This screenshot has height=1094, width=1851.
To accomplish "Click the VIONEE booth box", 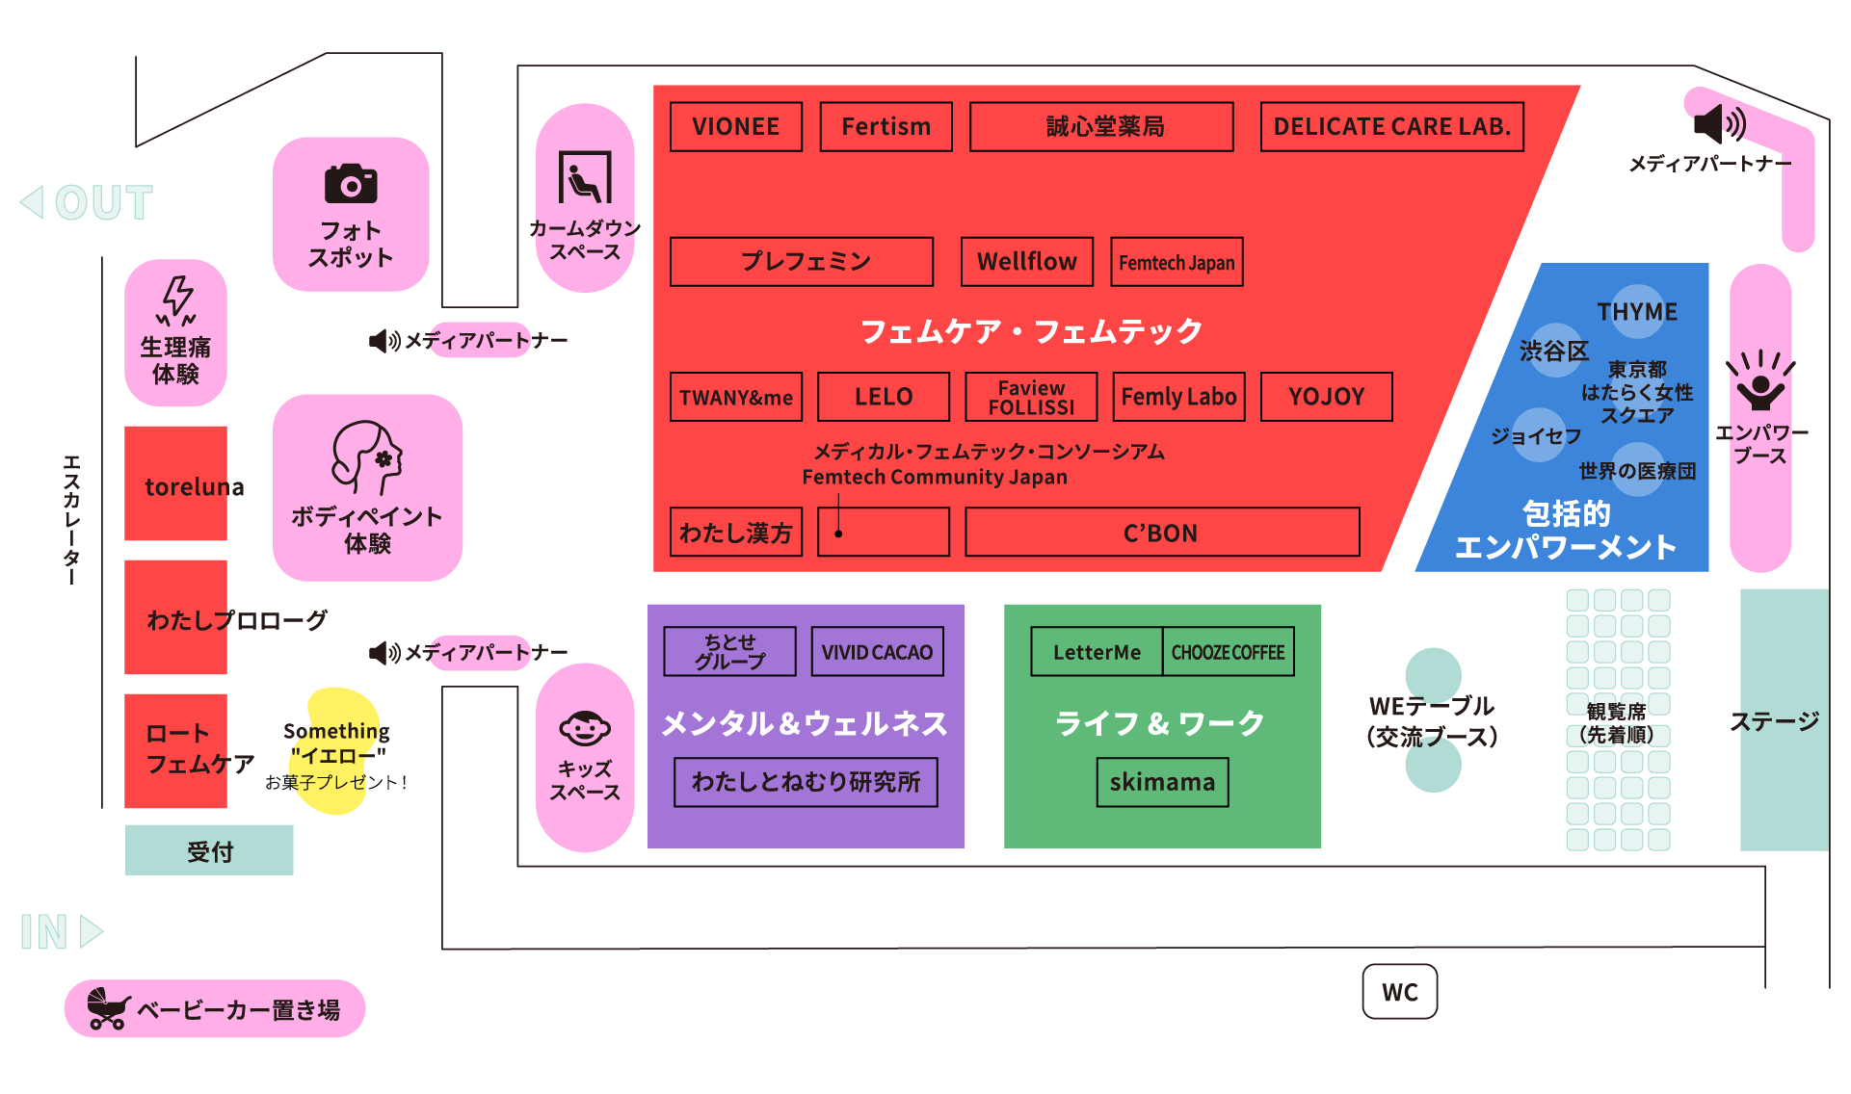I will click(736, 127).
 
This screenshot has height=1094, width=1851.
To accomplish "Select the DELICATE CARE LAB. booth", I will click(1391, 127).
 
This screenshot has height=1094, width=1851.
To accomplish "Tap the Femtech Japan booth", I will click(1177, 262).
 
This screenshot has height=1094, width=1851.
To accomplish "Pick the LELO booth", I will click(884, 397).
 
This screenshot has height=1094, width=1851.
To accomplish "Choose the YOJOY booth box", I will click(1326, 397).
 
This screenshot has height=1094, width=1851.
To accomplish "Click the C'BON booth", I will click(1162, 533).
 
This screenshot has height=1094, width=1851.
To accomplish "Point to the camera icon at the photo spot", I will click(351, 183).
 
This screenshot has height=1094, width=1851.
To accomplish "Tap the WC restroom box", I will click(1399, 992).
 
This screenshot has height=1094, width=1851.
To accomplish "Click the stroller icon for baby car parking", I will click(108, 1008).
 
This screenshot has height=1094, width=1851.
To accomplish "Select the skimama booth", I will click(1162, 782).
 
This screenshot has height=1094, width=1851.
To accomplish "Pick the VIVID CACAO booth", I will click(877, 652).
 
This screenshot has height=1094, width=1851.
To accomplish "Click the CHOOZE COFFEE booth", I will click(1228, 652).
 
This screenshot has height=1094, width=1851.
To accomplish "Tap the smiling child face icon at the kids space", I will click(585, 728).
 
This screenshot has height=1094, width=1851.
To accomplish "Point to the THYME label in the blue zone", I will click(1637, 312).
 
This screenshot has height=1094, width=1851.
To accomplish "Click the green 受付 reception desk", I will click(209, 850).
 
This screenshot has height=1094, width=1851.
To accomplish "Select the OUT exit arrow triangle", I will click(34, 202).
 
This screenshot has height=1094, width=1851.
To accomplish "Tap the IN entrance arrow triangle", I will click(91, 931).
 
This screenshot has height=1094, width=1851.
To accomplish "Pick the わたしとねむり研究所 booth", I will click(806, 782).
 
